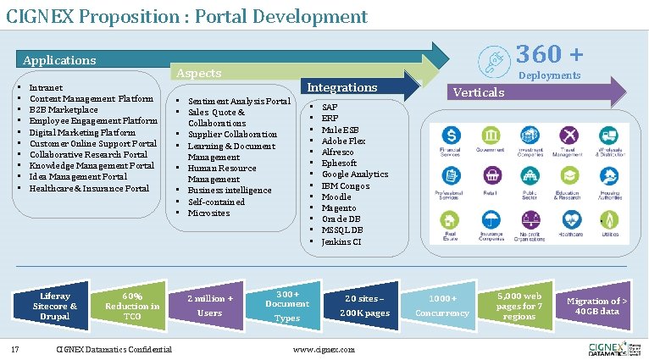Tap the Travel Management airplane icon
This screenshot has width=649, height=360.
click(x=567, y=136)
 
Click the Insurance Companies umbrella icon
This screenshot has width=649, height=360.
click(x=491, y=219)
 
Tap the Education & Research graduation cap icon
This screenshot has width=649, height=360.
click(x=567, y=176)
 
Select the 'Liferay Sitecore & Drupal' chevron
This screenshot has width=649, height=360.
click(x=55, y=306)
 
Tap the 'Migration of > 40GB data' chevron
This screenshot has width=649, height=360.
click(x=596, y=306)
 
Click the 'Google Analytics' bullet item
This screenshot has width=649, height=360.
click(x=354, y=174)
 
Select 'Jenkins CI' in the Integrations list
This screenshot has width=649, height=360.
click(x=341, y=241)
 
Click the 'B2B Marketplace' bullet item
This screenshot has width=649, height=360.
click(x=64, y=110)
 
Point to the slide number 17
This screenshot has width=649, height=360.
click(x=15, y=349)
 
